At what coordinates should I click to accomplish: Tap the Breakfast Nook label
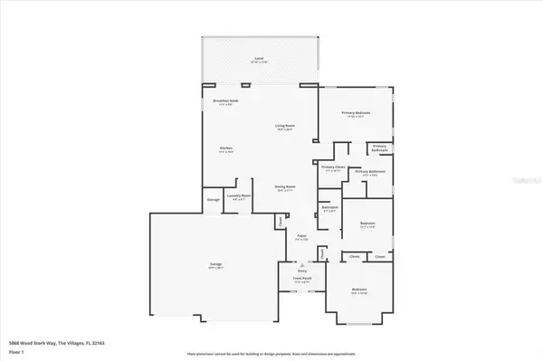tap(224, 101)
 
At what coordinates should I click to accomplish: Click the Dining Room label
tap(286, 187)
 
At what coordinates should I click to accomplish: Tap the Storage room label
tap(212, 200)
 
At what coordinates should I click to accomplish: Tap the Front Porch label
tap(302, 281)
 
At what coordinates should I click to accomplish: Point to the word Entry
tap(303, 270)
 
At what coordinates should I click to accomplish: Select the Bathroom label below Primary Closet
tap(329, 207)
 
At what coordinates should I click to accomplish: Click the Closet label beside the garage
tap(281, 220)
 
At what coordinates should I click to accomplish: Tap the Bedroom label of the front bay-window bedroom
tap(359, 290)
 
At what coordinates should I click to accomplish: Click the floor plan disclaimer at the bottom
tap(271, 354)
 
